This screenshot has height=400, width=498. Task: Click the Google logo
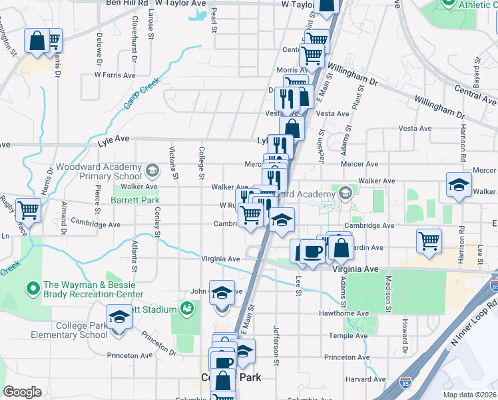click(x=23, y=392)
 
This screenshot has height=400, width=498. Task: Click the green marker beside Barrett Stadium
click(x=188, y=309)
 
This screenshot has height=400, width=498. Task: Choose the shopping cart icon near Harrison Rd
click(x=429, y=239)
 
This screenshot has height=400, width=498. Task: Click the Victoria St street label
click(x=174, y=163)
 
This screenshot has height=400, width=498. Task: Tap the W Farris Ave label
click(x=115, y=75)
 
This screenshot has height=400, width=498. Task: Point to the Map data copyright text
click(x=470, y=394)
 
